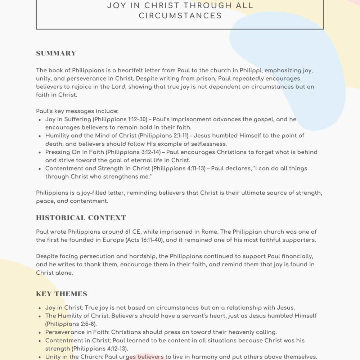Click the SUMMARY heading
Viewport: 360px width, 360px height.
pyautogui.click(x=56, y=53)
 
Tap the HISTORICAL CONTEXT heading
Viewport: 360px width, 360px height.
pyautogui.click(x=81, y=217)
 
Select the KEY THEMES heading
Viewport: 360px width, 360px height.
pyautogui.click(x=62, y=294)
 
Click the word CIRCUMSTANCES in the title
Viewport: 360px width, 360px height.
pyautogui.click(x=180, y=15)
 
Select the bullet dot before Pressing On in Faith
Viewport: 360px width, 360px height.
pyautogui.click(x=39, y=152)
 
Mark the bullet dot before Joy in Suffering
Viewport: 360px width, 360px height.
pyautogui.click(x=39, y=120)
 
